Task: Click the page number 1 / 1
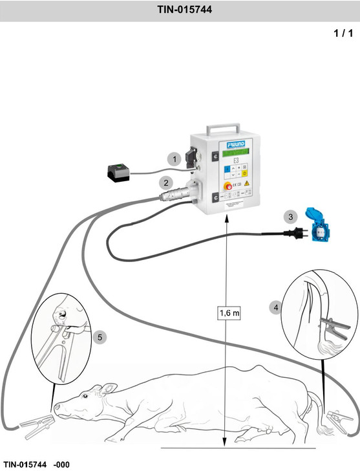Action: point(343,33)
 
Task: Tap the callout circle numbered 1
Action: point(173,158)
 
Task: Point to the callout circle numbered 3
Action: point(291,217)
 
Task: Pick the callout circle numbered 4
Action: point(276,307)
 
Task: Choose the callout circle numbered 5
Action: point(98,336)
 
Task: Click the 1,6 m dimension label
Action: point(229,313)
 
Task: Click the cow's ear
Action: point(105,389)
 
